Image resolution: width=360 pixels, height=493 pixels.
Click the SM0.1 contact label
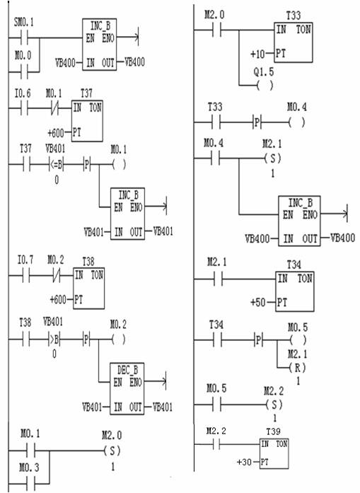[x=23, y=23]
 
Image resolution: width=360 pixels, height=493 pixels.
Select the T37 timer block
[x=87, y=121]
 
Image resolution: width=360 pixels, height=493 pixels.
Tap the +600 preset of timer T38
[x=58, y=300]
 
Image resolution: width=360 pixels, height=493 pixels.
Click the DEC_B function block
[x=127, y=388]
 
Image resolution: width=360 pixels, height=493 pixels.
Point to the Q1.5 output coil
[x=265, y=86]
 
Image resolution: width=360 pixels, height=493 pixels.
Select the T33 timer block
[x=294, y=42]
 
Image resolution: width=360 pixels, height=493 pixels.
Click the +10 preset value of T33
[x=257, y=54]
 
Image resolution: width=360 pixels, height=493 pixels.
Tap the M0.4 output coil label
[x=297, y=108]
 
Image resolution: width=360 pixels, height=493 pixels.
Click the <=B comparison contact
[x=57, y=164]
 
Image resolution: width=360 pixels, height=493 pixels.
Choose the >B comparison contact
[x=54, y=340]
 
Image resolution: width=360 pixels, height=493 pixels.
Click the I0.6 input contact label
[x=23, y=93]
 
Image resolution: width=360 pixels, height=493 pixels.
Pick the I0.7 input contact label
[x=25, y=260]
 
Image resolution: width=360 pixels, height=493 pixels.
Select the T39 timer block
[x=274, y=454]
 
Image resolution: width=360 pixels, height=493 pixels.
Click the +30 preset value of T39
[x=244, y=462]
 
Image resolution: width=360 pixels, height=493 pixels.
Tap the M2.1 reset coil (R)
[x=298, y=368]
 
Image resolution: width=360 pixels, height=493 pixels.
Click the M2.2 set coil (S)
[x=274, y=405]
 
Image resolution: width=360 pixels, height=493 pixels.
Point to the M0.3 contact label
[x=29, y=468]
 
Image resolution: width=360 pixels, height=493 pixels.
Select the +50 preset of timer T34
[x=258, y=303]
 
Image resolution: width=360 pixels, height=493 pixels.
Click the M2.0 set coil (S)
[x=112, y=451]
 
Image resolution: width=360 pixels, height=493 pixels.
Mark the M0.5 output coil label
[x=298, y=327]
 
